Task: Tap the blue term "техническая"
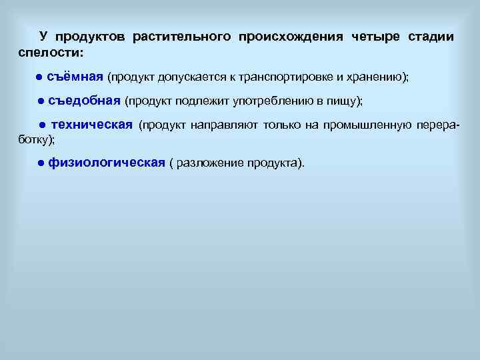(x=92, y=125)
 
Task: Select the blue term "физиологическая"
(x=106, y=163)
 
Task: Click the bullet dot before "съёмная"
(x=40, y=77)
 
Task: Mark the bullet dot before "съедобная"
(x=41, y=101)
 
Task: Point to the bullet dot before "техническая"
(x=41, y=125)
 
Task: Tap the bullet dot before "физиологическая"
(x=41, y=164)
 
